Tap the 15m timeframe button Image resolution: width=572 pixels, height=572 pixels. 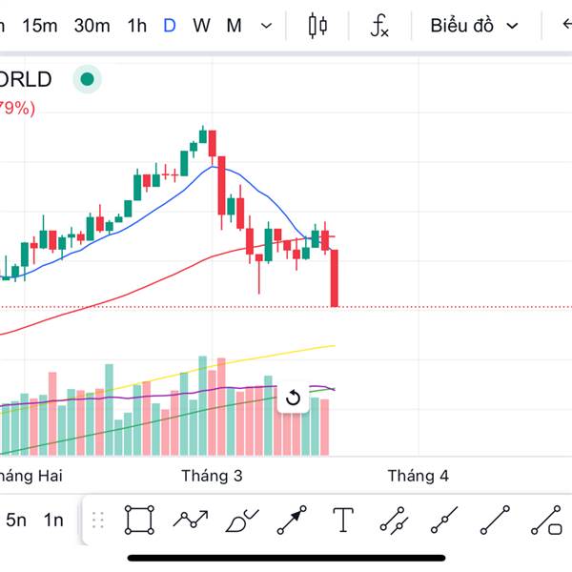[39, 26]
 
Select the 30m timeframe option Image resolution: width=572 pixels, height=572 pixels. [92, 26]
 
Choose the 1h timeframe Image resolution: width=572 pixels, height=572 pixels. [136, 26]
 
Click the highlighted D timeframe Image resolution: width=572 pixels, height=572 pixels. [170, 26]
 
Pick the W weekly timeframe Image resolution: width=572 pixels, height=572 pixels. [201, 26]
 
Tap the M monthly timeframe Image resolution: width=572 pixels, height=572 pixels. [234, 26]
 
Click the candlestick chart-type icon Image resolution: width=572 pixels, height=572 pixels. [317, 26]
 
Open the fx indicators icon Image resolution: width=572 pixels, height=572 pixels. [379, 26]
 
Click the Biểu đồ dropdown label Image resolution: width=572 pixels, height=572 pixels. [461, 26]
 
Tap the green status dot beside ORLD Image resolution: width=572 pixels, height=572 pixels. [88, 79]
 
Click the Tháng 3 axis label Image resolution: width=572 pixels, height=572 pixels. [211, 476]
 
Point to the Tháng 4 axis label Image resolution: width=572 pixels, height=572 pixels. [418, 476]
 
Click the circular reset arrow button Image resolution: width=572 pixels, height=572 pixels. [294, 398]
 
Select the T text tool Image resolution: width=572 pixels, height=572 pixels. [343, 521]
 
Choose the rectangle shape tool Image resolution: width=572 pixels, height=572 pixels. [139, 521]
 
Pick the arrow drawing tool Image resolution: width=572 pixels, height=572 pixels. [292, 521]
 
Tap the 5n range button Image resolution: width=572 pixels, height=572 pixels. [16, 521]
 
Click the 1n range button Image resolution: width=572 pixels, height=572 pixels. [53, 521]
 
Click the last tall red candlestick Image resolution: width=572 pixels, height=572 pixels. [335, 277]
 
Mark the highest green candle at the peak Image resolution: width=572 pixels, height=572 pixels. [202, 135]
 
